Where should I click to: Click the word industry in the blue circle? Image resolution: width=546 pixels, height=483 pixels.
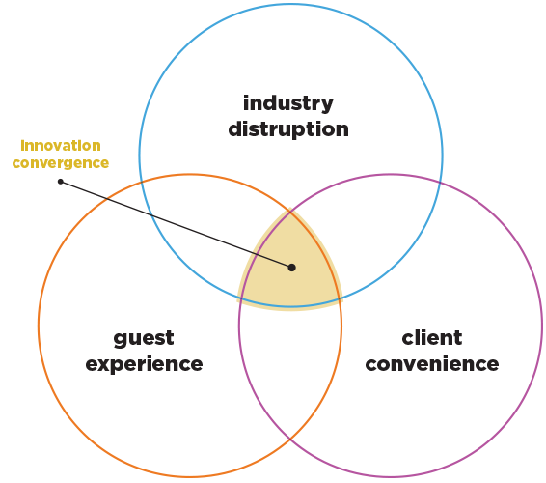click(x=287, y=102)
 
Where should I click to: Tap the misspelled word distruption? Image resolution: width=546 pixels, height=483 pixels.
click(x=287, y=128)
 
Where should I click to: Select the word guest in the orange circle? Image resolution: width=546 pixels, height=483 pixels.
click(x=144, y=338)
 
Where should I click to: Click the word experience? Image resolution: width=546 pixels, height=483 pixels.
click(x=144, y=364)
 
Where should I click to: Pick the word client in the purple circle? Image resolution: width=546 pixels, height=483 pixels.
click(x=431, y=338)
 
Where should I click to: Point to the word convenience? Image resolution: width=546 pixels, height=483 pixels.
click(x=431, y=364)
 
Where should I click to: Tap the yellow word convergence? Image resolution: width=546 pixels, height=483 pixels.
click(x=60, y=163)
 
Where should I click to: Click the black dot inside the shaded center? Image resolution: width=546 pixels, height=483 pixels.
click(x=291, y=268)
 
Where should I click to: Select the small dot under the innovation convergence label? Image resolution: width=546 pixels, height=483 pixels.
click(x=60, y=181)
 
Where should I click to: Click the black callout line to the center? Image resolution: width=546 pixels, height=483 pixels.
click(x=174, y=223)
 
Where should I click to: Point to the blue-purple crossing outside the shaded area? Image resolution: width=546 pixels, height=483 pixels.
click(x=439, y=181)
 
